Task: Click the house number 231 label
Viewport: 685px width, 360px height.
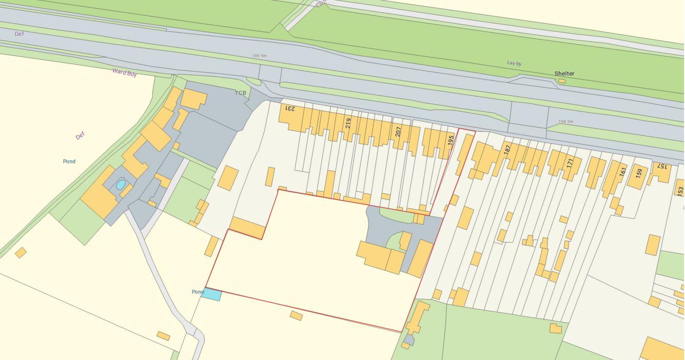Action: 290,108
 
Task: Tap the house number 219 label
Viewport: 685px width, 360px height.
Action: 348,123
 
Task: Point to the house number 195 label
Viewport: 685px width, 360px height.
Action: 451,140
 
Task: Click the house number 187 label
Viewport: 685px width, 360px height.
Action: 507,150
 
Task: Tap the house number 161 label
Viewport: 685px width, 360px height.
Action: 622,172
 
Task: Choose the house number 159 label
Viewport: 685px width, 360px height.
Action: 638,173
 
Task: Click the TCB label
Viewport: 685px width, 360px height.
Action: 241,93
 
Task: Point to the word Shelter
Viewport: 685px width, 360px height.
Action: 564,73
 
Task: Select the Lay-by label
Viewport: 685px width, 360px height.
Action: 514,63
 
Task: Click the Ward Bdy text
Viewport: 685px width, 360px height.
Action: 125,72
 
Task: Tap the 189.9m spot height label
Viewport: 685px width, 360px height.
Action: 259,56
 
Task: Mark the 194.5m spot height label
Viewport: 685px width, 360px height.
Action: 565,122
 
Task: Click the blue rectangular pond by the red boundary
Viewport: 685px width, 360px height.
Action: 211,294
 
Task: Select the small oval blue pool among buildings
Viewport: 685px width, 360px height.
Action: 121,185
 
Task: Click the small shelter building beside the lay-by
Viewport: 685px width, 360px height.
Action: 562,81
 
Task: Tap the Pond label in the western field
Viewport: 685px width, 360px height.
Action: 69,161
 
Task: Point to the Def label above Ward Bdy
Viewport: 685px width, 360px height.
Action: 19,34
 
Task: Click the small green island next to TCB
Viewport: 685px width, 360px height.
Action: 253,82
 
